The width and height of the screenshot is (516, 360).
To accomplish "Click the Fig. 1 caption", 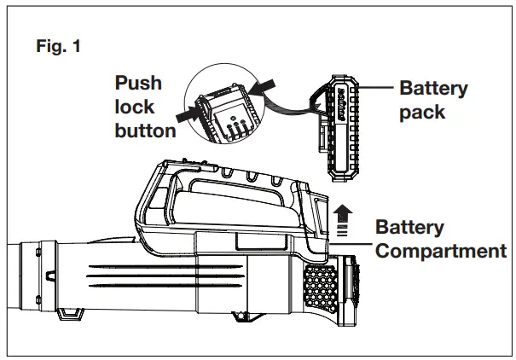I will [59, 48].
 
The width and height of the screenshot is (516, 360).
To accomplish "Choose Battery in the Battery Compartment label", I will [410, 228].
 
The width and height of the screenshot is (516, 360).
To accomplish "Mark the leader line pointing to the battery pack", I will [381, 89].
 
